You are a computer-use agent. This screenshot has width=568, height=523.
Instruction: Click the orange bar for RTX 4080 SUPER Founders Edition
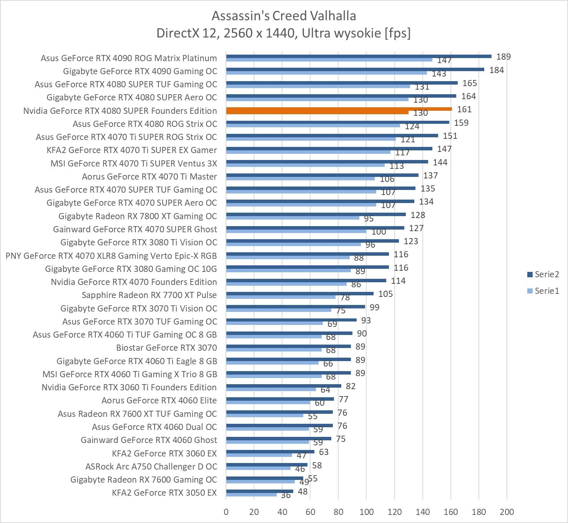point(338,109)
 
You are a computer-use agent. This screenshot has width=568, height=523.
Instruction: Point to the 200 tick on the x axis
point(507,512)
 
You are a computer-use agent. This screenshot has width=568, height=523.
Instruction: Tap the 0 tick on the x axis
point(226,512)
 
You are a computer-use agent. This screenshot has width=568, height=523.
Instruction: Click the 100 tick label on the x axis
point(366,512)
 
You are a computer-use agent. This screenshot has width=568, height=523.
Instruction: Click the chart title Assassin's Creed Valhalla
point(284,16)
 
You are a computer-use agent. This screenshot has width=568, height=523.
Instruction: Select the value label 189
point(503,57)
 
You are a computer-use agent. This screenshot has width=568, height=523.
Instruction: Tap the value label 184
point(497,70)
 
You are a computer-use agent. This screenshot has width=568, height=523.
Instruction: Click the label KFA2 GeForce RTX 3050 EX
point(164,493)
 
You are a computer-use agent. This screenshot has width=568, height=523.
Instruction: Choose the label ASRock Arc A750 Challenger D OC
point(151,466)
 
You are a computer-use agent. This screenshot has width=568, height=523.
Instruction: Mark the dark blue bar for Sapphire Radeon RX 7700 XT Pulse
point(300,293)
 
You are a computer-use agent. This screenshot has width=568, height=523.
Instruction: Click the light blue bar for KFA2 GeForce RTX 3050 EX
point(251,495)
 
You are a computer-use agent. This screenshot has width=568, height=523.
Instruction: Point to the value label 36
point(286,495)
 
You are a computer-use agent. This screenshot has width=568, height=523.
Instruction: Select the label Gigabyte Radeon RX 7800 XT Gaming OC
point(138,216)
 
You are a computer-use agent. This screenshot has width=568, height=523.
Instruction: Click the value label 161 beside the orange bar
point(464,109)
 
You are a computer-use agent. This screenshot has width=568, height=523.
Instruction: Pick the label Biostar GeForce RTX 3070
point(166,348)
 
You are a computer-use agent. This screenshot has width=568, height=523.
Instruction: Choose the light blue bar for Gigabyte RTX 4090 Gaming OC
point(326,73)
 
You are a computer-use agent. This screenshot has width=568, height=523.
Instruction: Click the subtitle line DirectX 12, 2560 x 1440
point(284,33)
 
